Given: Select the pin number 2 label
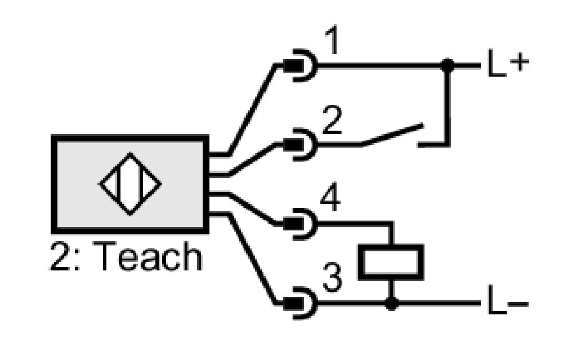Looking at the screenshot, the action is [x=332, y=120].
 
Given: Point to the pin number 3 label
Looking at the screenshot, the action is [x=332, y=277].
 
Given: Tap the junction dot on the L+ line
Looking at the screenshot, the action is [x=448, y=65].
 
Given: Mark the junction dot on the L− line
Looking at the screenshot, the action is [x=391, y=304].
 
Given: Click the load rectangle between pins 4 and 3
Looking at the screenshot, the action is [x=391, y=262].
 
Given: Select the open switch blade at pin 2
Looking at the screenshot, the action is [x=392, y=135].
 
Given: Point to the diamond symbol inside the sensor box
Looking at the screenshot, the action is [x=130, y=184].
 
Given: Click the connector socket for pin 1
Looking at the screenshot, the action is [x=301, y=65].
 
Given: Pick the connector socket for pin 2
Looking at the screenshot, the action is [x=301, y=145].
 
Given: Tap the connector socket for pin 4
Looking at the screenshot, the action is [x=301, y=224].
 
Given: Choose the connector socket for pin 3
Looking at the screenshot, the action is [x=301, y=304].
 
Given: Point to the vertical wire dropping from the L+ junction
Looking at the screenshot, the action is [x=448, y=105].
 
